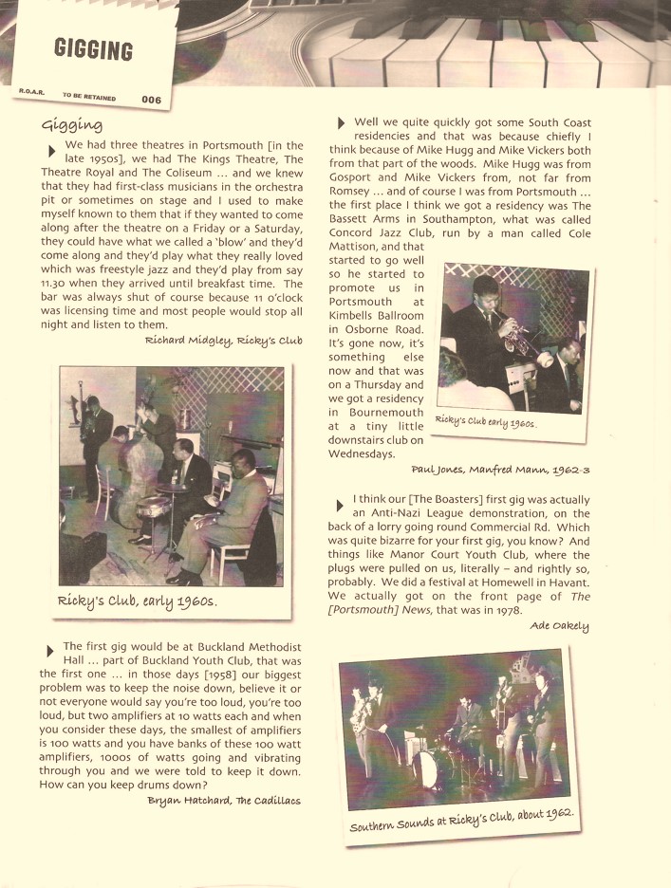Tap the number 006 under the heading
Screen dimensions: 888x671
[151, 99]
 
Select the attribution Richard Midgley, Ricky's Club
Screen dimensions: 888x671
[224, 339]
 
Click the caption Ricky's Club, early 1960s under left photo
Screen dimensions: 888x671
[138, 601]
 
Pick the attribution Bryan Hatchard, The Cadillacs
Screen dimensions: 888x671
[224, 800]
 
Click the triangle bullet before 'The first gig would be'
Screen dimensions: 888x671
[49, 650]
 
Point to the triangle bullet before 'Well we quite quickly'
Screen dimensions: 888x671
[341, 123]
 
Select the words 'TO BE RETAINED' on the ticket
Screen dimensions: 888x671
[89, 96]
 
